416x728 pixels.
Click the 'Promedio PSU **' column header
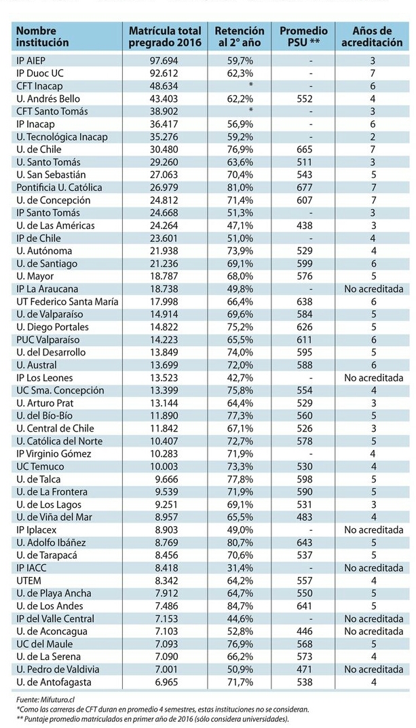pyautogui.click(x=303, y=37)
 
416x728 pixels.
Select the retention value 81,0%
pyautogui.click(x=240, y=188)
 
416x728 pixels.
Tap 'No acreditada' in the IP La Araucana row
pyautogui.click(x=373, y=289)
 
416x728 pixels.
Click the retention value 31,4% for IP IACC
pyautogui.click(x=240, y=568)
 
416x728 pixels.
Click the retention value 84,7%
pyautogui.click(x=240, y=606)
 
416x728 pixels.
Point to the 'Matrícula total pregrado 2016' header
pyautogui.click(x=165, y=37)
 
